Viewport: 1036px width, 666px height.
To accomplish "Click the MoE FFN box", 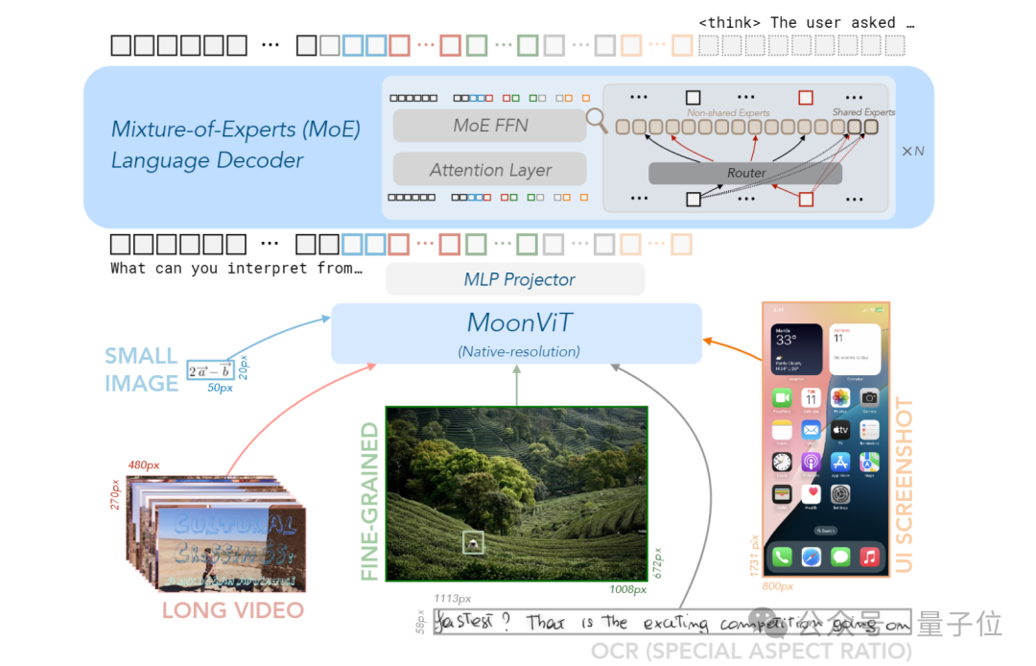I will click(x=490, y=126).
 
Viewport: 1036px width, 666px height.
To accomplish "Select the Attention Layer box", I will click(x=490, y=170).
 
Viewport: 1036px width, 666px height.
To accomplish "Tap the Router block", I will click(x=745, y=173).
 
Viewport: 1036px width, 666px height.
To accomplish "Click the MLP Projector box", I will click(x=514, y=279).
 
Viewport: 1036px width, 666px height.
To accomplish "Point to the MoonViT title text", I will click(x=519, y=322).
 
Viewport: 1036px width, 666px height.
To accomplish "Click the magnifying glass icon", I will click(x=598, y=121).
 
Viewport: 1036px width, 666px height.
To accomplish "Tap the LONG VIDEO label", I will click(x=232, y=610).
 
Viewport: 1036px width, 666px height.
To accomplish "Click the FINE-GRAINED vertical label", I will click(x=370, y=501).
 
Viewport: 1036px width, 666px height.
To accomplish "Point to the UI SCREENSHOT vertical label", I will click(x=903, y=485).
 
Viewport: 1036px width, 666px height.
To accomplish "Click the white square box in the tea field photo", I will click(x=473, y=542).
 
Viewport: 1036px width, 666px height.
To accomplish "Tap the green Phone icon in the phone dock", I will click(x=782, y=557).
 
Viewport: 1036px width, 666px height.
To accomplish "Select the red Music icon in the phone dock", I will click(x=870, y=557).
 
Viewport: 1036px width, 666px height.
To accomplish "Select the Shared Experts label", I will click(x=863, y=112).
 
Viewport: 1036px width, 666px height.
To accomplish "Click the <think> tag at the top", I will click(x=731, y=22).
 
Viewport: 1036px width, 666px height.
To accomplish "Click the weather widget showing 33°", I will click(x=796, y=349).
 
